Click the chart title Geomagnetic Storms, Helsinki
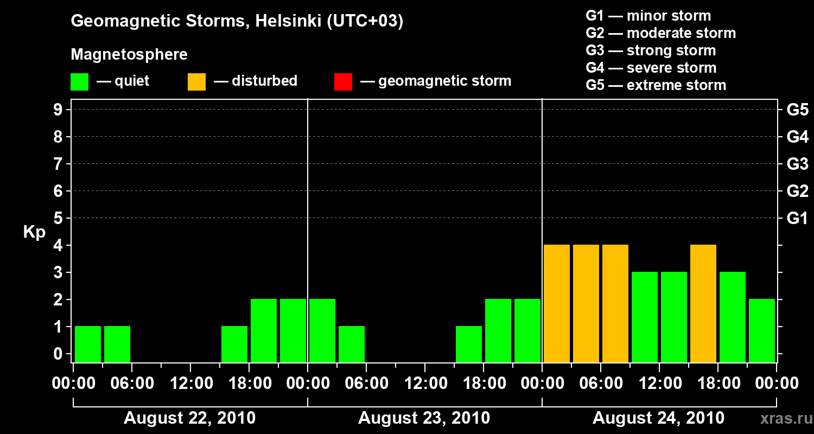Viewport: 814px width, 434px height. tap(237, 22)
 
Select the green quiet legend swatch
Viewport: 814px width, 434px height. tap(80, 82)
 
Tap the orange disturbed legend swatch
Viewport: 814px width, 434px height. tap(196, 82)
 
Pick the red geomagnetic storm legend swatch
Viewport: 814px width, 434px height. tap(343, 82)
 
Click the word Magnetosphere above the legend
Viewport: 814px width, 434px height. tap(129, 55)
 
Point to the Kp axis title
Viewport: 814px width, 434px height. tap(34, 233)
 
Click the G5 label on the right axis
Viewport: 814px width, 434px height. tap(797, 110)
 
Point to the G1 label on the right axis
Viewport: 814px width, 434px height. tap(797, 219)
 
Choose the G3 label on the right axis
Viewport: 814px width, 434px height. tap(797, 164)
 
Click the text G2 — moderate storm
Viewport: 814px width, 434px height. tap(660, 33)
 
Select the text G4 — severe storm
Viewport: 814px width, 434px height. tap(651, 68)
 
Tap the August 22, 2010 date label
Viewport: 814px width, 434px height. tap(190, 418)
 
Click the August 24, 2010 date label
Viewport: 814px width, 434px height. tap(658, 418)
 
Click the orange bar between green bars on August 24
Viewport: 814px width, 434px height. tap(703, 303)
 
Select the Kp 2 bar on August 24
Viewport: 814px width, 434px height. tap(762, 330)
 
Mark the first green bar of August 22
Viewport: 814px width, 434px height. tap(88, 343)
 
